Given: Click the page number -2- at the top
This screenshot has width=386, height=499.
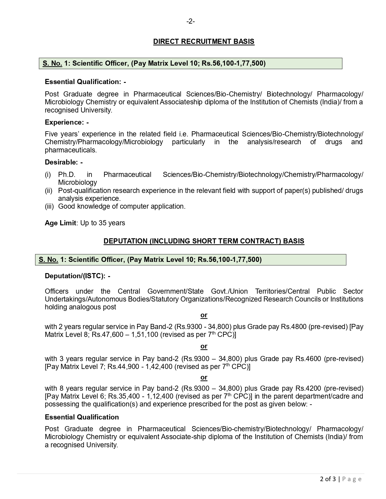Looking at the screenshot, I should (x=190, y=21).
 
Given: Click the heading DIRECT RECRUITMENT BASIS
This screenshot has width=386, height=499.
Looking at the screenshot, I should (x=203, y=41).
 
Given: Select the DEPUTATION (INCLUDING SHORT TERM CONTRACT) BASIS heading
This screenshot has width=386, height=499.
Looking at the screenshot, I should (x=204, y=241).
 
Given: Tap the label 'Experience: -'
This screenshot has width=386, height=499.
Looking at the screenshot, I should (x=67, y=122).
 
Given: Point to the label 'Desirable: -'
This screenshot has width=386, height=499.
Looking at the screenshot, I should (x=64, y=162).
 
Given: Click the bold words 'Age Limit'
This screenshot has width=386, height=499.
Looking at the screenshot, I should (x=60, y=223).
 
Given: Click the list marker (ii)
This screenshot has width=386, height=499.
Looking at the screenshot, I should (x=48, y=191).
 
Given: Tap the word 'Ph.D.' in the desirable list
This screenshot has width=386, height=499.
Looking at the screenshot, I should (x=67, y=174).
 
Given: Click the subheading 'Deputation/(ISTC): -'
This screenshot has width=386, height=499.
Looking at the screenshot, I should (x=78, y=276).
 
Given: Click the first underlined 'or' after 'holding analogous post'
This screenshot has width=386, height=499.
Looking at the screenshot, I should (x=204, y=315).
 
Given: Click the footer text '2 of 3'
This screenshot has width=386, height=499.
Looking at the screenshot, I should (x=328, y=479).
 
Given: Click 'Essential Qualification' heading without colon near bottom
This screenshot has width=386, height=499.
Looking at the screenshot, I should (x=82, y=417).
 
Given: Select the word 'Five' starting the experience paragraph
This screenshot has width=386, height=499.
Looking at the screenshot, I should (x=51, y=134).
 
